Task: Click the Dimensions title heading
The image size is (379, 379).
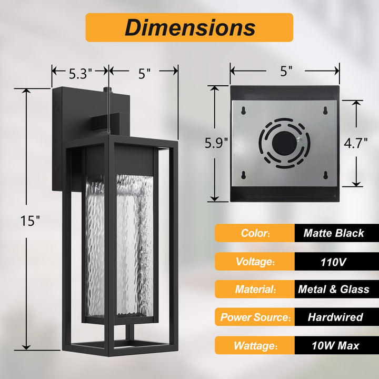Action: coord(189,27)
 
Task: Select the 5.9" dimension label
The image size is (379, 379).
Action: coord(216,142)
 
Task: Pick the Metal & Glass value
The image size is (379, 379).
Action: coord(334,289)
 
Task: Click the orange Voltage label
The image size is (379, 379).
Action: coord(255,261)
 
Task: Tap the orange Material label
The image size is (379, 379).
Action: coord(255,289)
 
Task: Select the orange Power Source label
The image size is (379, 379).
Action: coord(255,317)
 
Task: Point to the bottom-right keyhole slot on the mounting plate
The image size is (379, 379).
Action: coord(325,175)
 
